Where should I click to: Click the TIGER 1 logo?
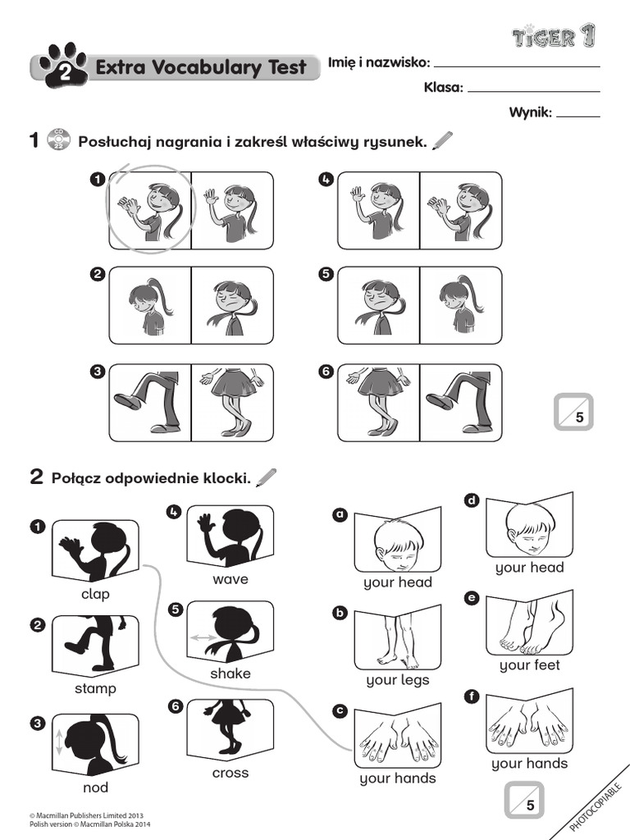click(555, 36)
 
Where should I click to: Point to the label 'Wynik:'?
click(530, 113)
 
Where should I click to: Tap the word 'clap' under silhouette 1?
click(95, 594)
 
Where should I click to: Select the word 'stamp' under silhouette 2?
click(95, 688)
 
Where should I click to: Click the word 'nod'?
click(95, 787)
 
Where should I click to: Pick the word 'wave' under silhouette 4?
click(230, 579)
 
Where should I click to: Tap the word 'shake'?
click(230, 673)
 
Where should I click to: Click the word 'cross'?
click(230, 773)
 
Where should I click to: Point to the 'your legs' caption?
click(397, 680)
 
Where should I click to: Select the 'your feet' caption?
click(529, 665)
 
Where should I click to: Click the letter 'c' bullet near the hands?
click(339, 710)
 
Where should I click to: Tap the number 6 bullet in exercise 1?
click(326, 372)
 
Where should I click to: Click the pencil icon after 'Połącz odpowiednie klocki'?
click(267, 476)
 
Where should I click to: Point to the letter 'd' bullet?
click(471, 500)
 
